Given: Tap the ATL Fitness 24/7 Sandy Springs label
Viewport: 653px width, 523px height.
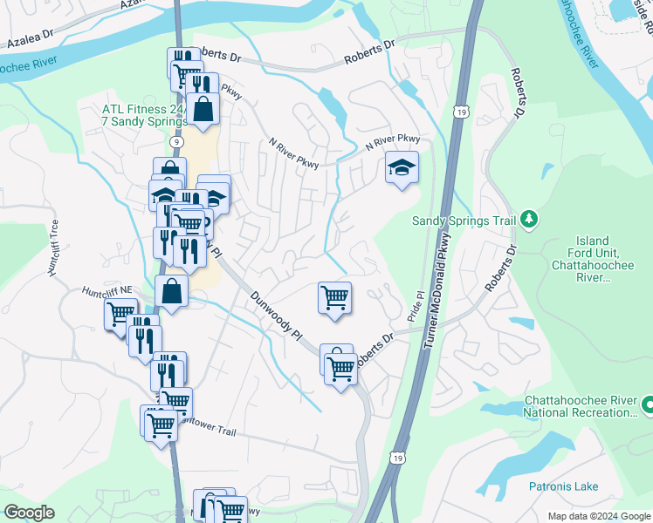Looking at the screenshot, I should point(142,117).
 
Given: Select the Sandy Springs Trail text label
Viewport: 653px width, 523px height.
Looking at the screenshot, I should point(464,220).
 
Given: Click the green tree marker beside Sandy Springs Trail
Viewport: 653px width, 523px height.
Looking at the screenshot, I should point(528,220).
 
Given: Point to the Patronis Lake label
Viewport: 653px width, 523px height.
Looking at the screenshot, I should point(563,486).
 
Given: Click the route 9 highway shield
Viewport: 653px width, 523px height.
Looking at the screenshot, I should point(177,139).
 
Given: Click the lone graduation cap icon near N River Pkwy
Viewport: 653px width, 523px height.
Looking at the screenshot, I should point(402,167).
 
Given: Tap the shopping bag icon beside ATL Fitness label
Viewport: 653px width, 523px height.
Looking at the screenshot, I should point(202,111).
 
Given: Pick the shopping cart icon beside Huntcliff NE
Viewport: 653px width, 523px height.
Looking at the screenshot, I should point(120,314).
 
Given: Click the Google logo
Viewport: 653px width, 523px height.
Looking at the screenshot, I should point(29,513).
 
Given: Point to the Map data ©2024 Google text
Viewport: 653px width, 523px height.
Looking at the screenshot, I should point(599,515).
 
